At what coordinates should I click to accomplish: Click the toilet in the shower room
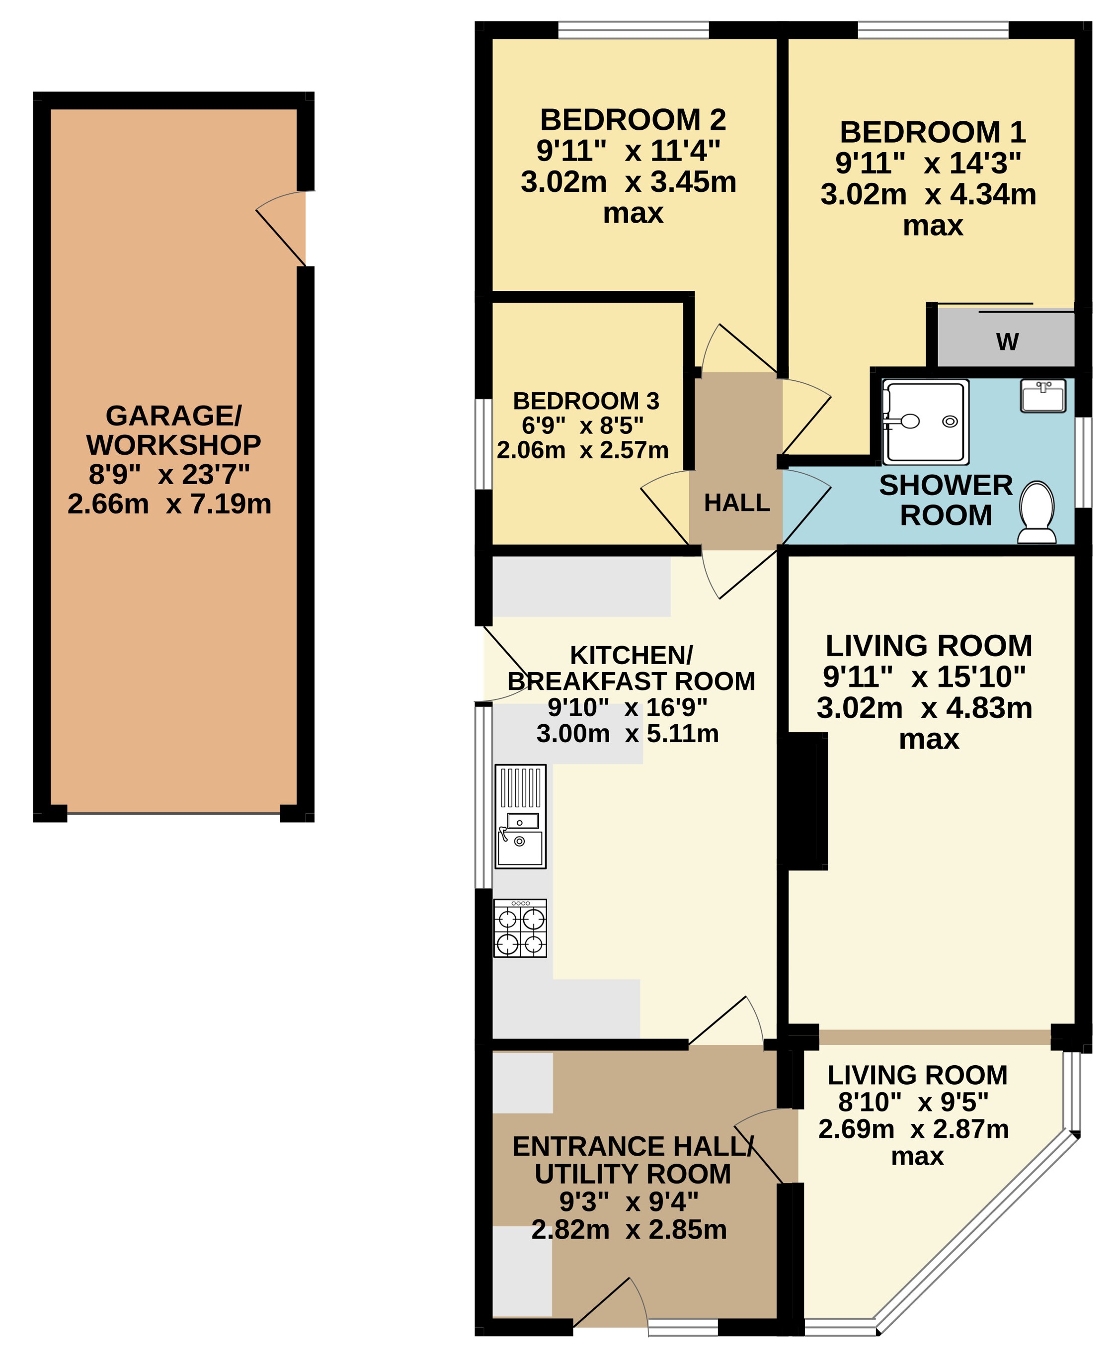(1036, 512)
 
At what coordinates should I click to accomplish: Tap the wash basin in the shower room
(1043, 396)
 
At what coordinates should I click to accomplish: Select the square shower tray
(926, 422)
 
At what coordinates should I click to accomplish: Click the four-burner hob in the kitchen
(520, 929)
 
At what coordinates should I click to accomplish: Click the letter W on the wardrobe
(1007, 342)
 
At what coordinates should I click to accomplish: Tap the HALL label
(737, 503)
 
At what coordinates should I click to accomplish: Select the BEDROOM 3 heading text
(586, 401)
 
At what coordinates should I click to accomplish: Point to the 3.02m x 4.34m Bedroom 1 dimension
(928, 194)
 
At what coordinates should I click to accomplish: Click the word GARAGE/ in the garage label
(173, 416)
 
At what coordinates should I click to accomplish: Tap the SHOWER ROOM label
(946, 501)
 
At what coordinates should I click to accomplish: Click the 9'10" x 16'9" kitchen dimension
(627, 707)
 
